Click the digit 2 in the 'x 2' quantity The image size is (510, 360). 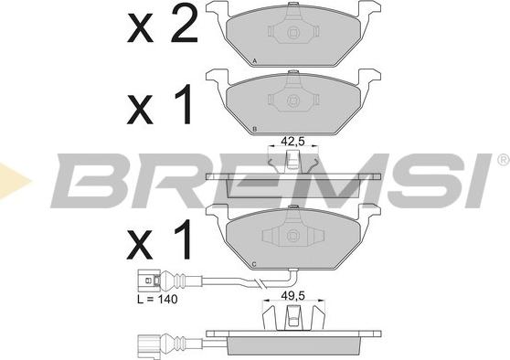(184, 24)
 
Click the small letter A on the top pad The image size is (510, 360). (255, 61)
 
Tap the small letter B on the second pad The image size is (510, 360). (255, 129)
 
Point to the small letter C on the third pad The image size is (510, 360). (254, 265)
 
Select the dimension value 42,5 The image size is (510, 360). (292, 142)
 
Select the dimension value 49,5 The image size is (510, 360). (292, 296)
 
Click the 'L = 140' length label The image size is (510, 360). (157, 299)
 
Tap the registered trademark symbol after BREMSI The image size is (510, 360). (503, 159)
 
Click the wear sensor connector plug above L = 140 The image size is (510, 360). (149, 281)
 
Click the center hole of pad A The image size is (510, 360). (293, 33)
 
